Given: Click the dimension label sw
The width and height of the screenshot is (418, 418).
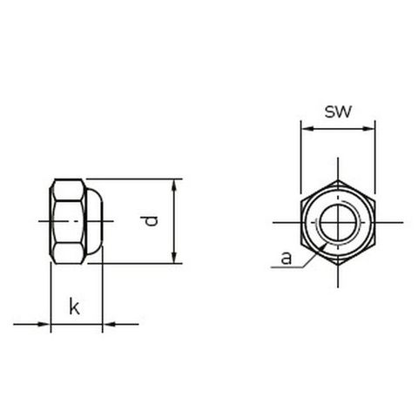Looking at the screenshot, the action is click(x=338, y=111).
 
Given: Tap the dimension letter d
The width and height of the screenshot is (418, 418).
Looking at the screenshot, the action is click(x=152, y=221).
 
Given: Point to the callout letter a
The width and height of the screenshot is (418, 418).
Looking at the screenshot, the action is click(x=287, y=258).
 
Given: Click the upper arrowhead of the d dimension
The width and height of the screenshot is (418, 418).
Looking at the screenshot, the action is click(x=174, y=185).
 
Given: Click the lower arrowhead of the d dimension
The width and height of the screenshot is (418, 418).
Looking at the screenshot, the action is click(x=174, y=258).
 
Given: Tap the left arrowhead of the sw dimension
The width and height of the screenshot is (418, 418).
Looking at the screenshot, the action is click(x=307, y=129).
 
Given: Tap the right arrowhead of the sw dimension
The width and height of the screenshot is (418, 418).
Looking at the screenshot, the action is click(x=369, y=129).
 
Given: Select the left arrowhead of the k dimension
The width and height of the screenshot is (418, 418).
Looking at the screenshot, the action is click(x=45, y=324).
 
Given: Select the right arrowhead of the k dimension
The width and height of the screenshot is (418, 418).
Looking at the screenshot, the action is click(x=108, y=324).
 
